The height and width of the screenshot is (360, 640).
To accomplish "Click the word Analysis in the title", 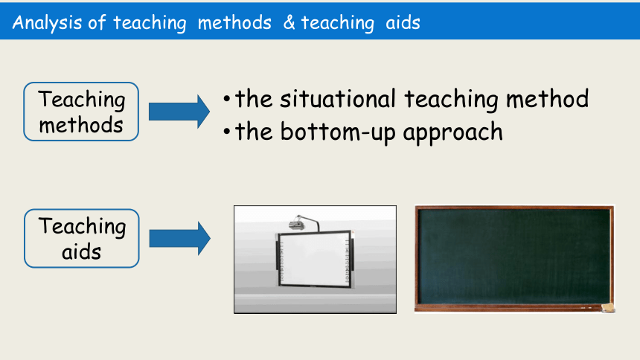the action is [48, 23].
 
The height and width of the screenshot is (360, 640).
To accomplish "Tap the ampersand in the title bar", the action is [289, 22].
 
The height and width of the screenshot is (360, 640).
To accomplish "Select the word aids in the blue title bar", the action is [403, 22].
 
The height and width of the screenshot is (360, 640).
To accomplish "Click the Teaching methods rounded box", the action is [81, 112].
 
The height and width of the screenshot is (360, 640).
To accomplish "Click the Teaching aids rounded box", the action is [82, 238].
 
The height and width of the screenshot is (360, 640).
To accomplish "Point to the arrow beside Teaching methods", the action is [179, 112].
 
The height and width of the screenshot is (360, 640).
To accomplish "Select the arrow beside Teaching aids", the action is [179, 238].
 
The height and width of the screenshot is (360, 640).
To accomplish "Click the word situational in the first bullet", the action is [338, 99].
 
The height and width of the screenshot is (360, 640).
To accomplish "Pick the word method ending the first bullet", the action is [547, 99].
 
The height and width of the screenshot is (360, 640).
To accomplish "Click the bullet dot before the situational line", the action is [227, 99].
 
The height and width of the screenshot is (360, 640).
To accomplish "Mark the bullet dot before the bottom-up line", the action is [227, 132].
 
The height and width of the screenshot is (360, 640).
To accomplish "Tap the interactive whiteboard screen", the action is [314, 259].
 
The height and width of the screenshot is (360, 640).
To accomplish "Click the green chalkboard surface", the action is [513, 256].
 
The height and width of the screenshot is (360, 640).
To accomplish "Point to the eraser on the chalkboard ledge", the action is [608, 308].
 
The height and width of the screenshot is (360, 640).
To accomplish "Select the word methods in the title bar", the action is [234, 22].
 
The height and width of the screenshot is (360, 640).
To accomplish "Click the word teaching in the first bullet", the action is [451, 100].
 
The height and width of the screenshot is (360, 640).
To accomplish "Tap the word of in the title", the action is [97, 22].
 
